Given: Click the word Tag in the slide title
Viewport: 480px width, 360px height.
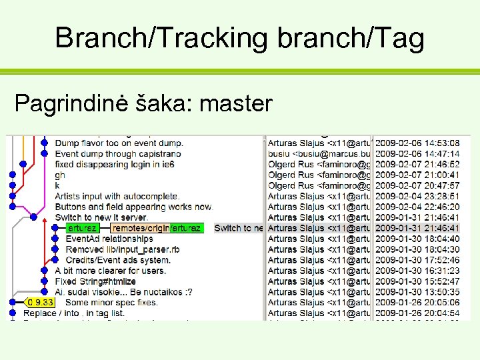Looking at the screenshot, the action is (x=399, y=38).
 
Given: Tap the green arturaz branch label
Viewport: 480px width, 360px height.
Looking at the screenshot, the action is (x=83, y=228).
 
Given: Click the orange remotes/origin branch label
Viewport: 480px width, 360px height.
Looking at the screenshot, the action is (x=141, y=228).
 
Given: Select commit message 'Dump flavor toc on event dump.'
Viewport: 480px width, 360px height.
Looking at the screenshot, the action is (x=119, y=143).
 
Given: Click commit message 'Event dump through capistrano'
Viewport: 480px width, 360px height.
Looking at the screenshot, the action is (x=117, y=153).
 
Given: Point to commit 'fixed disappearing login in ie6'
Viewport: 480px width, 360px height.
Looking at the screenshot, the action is (x=114, y=164).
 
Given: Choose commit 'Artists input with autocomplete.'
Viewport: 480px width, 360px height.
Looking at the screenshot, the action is (x=117, y=196).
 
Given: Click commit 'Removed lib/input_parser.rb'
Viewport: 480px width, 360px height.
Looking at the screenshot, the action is (x=123, y=249).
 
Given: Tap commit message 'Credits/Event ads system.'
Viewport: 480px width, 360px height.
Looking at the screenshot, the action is (x=118, y=260).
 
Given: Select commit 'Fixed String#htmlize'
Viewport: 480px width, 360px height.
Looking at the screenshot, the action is (x=91, y=281).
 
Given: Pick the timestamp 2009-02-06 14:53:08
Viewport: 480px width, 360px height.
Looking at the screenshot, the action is (x=417, y=143).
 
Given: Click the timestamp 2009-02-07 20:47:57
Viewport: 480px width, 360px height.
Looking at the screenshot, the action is (x=417, y=185).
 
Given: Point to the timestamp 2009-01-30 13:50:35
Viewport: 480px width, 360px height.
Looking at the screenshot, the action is (x=417, y=292).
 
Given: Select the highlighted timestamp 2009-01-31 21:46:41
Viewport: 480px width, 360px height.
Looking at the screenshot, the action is (x=417, y=228).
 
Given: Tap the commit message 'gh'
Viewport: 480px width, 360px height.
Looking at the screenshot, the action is (x=60, y=175).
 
